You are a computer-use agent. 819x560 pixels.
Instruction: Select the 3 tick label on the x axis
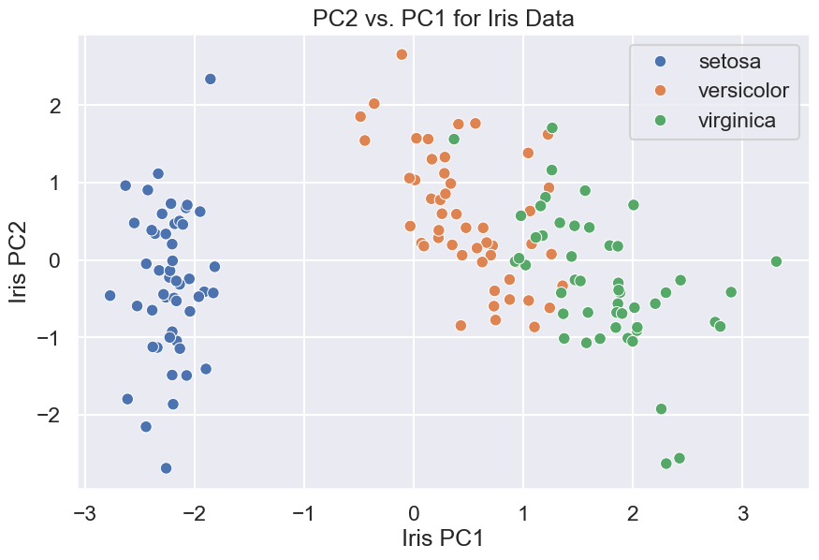click(x=743, y=514)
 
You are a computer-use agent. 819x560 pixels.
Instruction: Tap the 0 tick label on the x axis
click(x=414, y=514)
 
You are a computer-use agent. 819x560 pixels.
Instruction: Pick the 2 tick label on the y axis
click(x=55, y=106)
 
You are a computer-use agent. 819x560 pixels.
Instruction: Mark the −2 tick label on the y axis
click(x=50, y=414)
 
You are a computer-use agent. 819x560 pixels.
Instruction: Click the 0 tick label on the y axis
click(x=55, y=259)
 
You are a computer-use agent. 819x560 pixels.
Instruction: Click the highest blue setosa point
click(x=211, y=80)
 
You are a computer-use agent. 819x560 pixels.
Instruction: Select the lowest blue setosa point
click(x=166, y=468)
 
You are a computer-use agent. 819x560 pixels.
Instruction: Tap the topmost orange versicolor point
click(x=402, y=54)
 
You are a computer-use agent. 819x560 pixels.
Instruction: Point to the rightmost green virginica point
click(x=776, y=261)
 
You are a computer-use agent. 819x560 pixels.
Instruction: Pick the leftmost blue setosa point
click(x=110, y=295)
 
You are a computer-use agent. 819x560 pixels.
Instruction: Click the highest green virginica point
click(x=552, y=127)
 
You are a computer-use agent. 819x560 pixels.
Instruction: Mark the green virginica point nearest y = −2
click(x=661, y=408)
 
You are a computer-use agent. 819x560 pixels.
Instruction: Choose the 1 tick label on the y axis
click(x=55, y=183)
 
